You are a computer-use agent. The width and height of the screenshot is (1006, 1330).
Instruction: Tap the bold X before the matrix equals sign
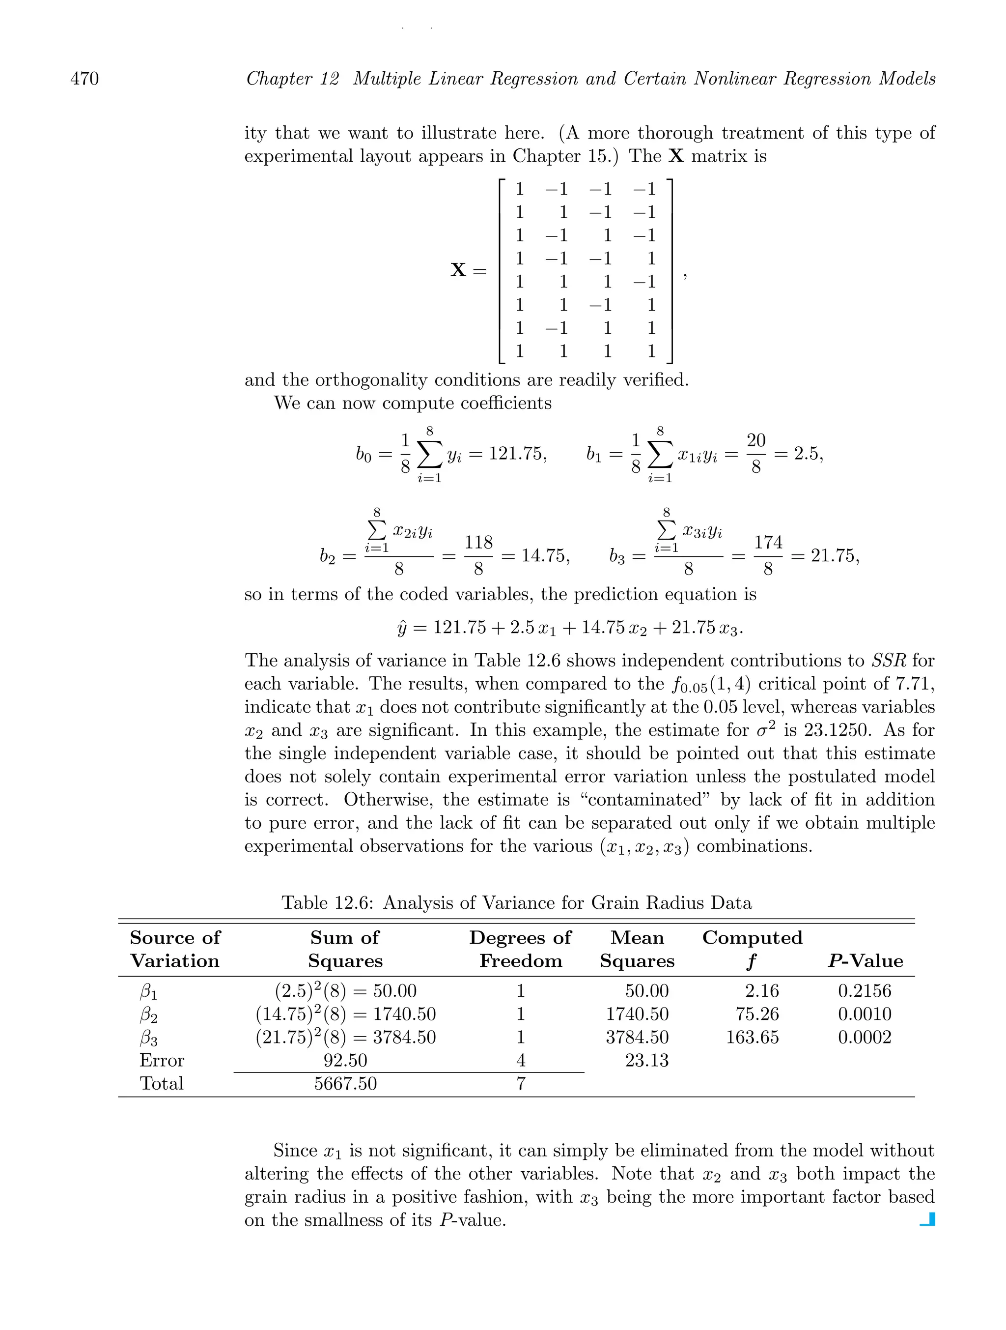(x=458, y=270)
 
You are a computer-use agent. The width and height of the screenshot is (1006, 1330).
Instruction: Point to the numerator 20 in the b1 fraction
(x=755, y=441)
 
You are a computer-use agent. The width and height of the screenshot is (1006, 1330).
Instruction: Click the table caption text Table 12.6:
(x=329, y=902)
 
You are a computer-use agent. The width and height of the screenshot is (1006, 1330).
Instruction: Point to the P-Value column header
(x=865, y=961)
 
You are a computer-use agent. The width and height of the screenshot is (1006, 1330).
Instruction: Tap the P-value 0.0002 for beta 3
(x=864, y=1037)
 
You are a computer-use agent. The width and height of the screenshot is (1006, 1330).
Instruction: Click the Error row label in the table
(x=162, y=1060)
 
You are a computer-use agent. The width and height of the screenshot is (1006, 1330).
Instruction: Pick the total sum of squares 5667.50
(x=345, y=1083)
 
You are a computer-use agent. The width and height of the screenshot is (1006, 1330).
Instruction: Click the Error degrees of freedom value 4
(x=520, y=1060)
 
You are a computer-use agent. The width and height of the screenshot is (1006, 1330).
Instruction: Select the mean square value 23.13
(x=646, y=1060)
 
